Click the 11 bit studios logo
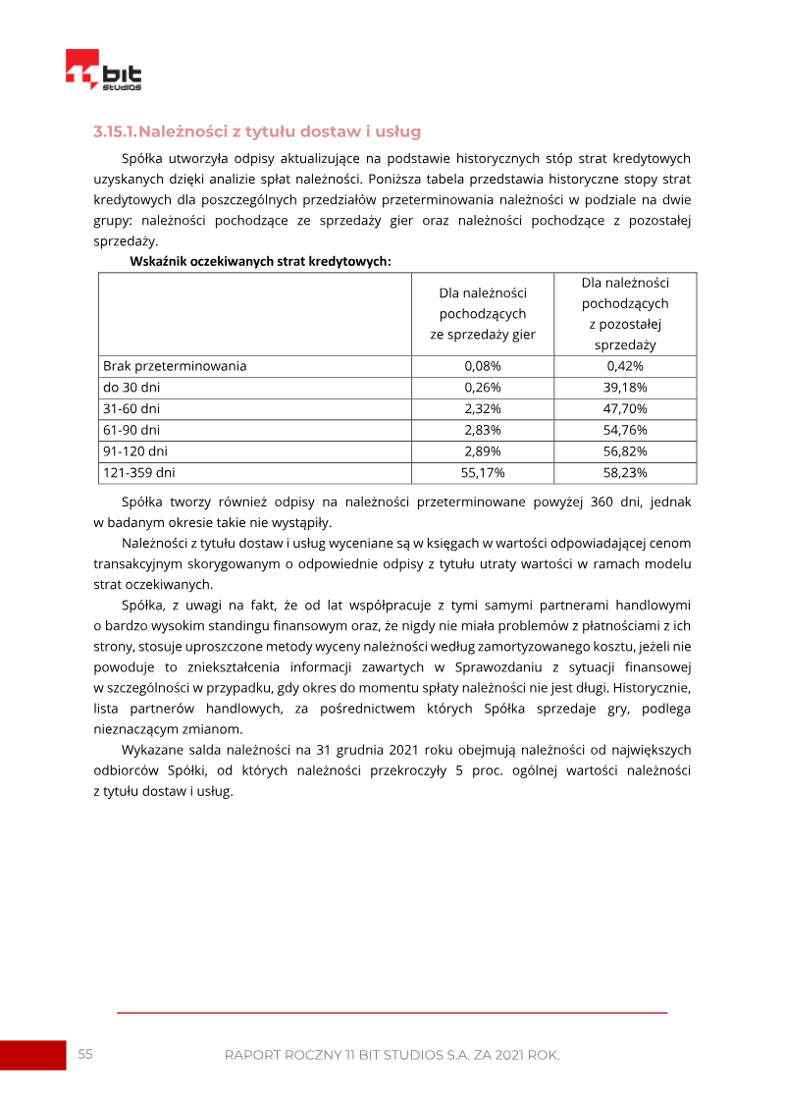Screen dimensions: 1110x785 point(103,72)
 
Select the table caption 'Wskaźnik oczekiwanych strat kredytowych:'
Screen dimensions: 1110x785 point(260,261)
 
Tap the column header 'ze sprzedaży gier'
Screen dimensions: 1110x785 point(483,335)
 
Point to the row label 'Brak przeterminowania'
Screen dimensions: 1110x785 point(175,366)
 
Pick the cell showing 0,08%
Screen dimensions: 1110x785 point(483,366)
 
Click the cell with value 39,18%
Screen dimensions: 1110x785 point(625,388)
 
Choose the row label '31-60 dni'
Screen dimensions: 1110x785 point(131,408)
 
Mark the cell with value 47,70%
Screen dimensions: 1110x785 point(625,408)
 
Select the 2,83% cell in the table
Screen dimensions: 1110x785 point(483,430)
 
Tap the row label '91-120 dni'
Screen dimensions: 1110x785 point(135,451)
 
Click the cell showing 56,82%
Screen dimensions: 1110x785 point(625,451)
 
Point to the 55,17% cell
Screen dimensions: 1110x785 point(483,473)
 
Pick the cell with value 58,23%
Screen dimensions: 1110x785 point(625,473)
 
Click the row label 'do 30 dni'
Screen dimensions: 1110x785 point(131,388)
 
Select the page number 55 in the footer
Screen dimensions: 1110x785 point(85,1054)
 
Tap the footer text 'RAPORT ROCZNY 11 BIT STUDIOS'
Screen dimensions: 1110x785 point(354,1055)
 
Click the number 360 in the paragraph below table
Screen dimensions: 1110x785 point(604,502)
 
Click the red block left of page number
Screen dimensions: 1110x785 point(32,1055)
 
